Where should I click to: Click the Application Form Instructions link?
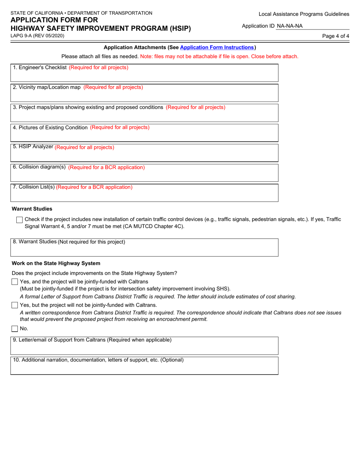coord(217,47)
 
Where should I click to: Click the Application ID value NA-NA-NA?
coord(290,26)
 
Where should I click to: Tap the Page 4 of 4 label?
coord(335,36)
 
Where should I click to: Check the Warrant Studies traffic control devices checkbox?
coord(19,220)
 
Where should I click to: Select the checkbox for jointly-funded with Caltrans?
coord(15,281)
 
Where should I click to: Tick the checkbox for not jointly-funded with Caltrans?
coord(15,305)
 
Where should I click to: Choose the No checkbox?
coord(15,328)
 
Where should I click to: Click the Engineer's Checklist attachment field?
coord(144,73)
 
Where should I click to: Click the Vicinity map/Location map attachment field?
coord(144,93)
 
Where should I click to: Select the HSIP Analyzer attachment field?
coord(144,153)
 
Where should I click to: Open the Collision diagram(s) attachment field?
coord(144,173)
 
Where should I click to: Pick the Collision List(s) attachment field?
coord(144,193)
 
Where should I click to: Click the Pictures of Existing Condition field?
coord(144,133)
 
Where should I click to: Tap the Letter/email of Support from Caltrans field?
coord(144,346)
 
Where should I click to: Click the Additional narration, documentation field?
coord(144,366)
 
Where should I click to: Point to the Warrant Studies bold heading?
coord(32,209)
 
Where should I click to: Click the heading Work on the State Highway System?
coord(56,263)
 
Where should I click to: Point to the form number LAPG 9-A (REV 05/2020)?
coord(37,36)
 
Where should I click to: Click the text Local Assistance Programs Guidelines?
coord(304,14)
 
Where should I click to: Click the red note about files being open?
coord(219,56)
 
